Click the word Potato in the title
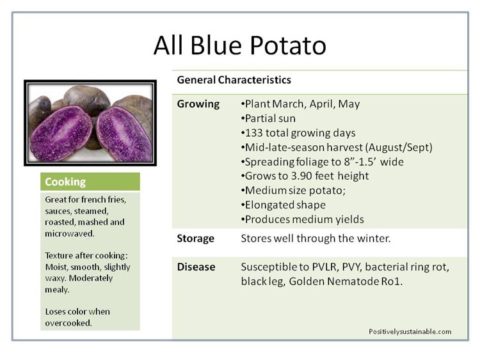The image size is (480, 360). point(287,45)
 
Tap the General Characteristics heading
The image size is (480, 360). point(234,80)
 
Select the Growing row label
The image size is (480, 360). point(198,104)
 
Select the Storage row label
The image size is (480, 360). point(195,239)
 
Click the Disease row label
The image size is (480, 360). point(196,267)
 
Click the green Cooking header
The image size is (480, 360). point(90,182)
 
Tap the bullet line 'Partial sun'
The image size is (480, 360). point(268,118)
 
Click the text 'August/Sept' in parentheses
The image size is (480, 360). point(399,148)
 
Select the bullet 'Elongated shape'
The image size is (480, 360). point(283,205)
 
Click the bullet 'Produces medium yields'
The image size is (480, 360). point(303,219)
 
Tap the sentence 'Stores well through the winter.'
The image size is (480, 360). point(316,239)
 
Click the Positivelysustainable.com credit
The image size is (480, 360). point(410,332)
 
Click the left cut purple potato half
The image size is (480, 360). point(61,134)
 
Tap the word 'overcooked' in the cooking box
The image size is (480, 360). point(68,323)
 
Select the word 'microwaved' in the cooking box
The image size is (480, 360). point(69,233)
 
